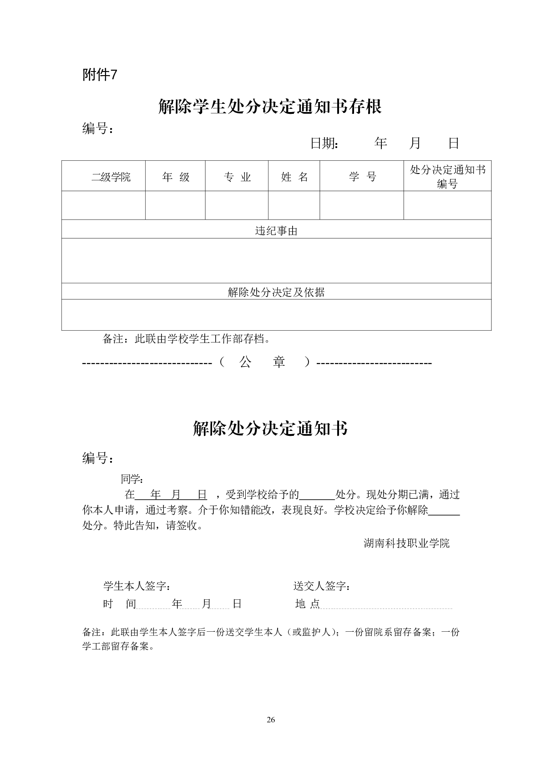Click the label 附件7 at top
(x=100, y=74)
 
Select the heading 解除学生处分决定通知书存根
(x=270, y=106)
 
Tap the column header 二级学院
(x=111, y=177)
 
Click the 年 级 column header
(x=176, y=177)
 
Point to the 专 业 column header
(x=237, y=177)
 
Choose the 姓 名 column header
(x=294, y=177)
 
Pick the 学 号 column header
(x=362, y=177)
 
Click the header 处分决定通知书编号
(x=447, y=177)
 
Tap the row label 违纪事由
(x=276, y=231)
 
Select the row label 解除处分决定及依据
(x=276, y=292)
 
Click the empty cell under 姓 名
(x=294, y=205)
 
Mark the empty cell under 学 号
(x=362, y=205)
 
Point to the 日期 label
(x=324, y=143)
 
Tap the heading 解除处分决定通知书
(x=270, y=429)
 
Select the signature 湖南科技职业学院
(x=406, y=543)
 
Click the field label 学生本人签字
(x=137, y=586)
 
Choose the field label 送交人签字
(x=322, y=586)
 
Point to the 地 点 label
(x=308, y=604)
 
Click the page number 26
(x=271, y=720)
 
